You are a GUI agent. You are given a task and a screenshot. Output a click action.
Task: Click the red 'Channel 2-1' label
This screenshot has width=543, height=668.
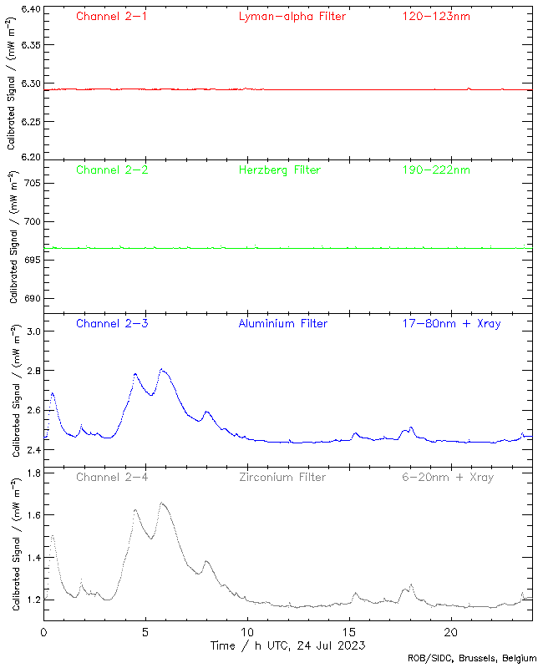112,16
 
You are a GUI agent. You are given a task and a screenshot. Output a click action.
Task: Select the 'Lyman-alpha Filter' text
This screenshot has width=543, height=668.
292,16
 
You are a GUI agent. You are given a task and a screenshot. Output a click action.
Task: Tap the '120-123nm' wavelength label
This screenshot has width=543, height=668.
436,16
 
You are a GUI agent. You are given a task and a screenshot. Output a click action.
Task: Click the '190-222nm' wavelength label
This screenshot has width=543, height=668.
436,170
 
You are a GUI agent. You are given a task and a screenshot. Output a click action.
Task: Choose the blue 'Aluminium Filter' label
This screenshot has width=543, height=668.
283,323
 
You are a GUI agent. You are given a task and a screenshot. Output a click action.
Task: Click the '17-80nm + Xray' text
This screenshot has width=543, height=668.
452,323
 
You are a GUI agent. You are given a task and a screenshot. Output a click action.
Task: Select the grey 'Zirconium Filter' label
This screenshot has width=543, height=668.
282,477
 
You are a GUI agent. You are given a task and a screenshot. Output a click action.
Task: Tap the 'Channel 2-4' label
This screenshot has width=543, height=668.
112,477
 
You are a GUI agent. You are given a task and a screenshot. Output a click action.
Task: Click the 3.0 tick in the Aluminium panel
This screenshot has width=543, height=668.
32,331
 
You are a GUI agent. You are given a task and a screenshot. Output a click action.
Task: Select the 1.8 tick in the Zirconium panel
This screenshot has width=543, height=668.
32,473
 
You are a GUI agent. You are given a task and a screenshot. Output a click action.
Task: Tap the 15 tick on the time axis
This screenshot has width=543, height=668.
349,632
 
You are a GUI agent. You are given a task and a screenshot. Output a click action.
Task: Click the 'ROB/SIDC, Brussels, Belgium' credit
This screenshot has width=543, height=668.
472,658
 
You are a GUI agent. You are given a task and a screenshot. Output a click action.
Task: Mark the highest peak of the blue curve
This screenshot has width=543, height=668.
162,369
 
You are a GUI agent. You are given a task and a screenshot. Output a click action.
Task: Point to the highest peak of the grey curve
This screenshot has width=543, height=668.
162,503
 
